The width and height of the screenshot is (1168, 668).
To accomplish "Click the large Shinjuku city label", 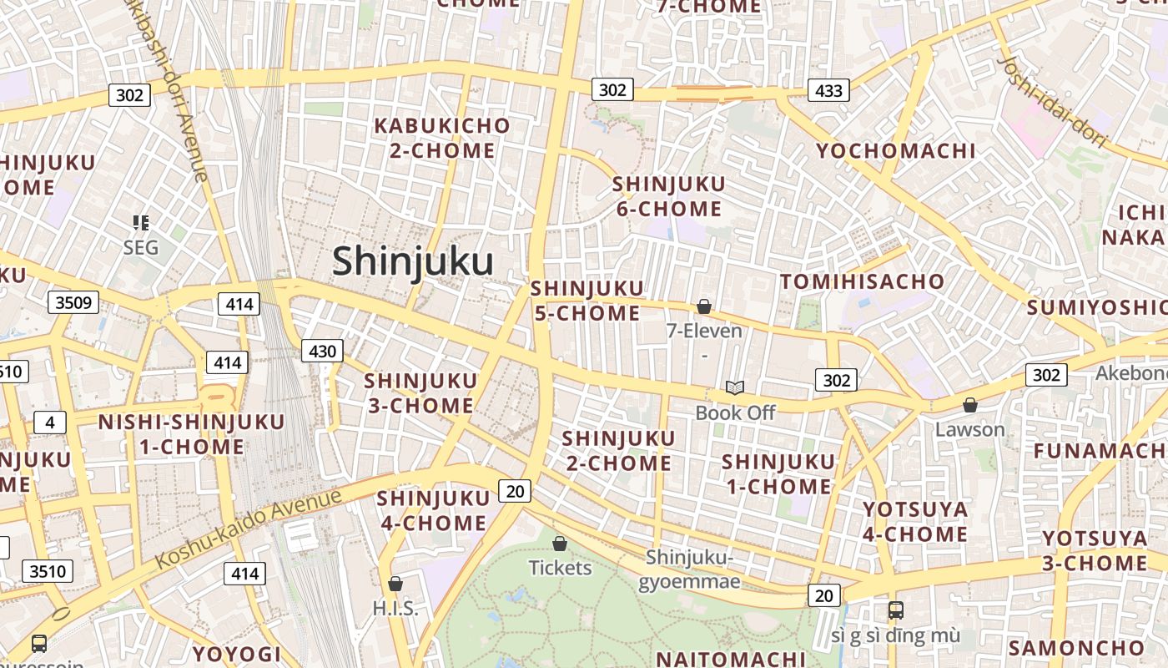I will [x=413, y=261].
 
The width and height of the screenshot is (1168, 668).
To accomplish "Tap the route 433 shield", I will [x=828, y=90].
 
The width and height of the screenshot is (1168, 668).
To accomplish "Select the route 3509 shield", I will [x=73, y=301].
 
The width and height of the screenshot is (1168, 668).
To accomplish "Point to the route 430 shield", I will [x=322, y=351].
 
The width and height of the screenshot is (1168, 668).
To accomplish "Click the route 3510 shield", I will [x=48, y=571].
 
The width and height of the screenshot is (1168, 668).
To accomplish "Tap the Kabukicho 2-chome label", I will [x=442, y=138].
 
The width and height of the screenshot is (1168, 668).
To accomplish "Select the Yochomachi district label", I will [x=895, y=151].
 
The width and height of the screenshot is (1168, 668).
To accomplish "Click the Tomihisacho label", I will [x=862, y=281].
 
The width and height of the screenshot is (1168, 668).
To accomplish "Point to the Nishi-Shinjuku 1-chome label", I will [x=191, y=434].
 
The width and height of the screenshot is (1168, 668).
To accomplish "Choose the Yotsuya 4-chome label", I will [x=915, y=521].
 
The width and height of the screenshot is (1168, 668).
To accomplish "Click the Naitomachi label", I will [x=731, y=659].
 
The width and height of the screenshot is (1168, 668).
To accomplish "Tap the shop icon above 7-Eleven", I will [x=704, y=306].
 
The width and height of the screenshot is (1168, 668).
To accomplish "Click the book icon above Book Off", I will [x=735, y=387].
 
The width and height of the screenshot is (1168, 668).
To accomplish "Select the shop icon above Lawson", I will [x=970, y=405].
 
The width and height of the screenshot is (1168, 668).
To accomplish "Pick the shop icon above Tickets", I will [x=560, y=544].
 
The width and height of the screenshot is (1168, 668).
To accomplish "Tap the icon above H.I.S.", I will [x=395, y=584].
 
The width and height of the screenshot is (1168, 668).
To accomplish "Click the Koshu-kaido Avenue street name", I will [x=248, y=528].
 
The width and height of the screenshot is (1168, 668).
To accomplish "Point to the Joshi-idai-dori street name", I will [x=1052, y=102].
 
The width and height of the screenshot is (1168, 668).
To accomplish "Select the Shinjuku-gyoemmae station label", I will [x=689, y=569].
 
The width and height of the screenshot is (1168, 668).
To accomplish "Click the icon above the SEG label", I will [x=141, y=222].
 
